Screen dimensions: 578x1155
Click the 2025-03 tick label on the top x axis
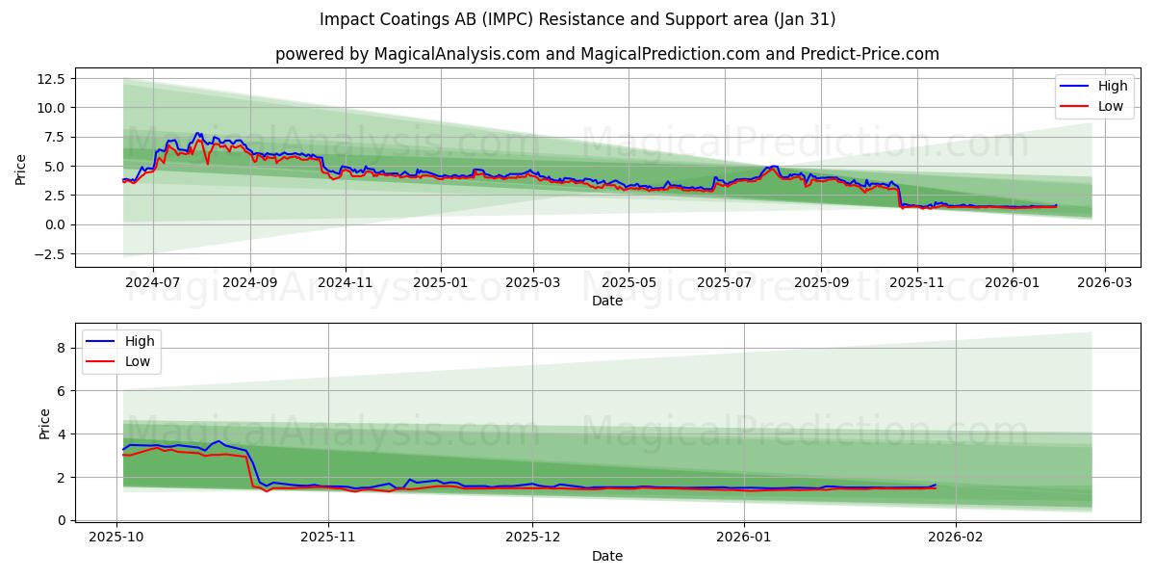tap(532, 283)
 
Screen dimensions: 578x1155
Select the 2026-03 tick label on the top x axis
tap(1104, 283)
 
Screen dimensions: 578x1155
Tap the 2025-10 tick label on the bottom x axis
tap(116, 538)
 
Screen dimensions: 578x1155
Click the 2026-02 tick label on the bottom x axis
tap(956, 538)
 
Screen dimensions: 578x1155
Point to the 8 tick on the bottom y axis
tap(60, 348)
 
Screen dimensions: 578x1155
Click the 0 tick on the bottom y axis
tap(60, 520)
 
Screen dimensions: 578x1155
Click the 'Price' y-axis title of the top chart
tap(21, 170)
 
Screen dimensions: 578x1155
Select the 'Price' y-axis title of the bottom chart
tap(44, 423)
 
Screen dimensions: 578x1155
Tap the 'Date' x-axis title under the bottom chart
tap(606, 556)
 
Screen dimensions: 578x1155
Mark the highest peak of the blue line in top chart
tap(197, 133)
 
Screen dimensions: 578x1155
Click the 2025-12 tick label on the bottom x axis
tap(532, 538)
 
